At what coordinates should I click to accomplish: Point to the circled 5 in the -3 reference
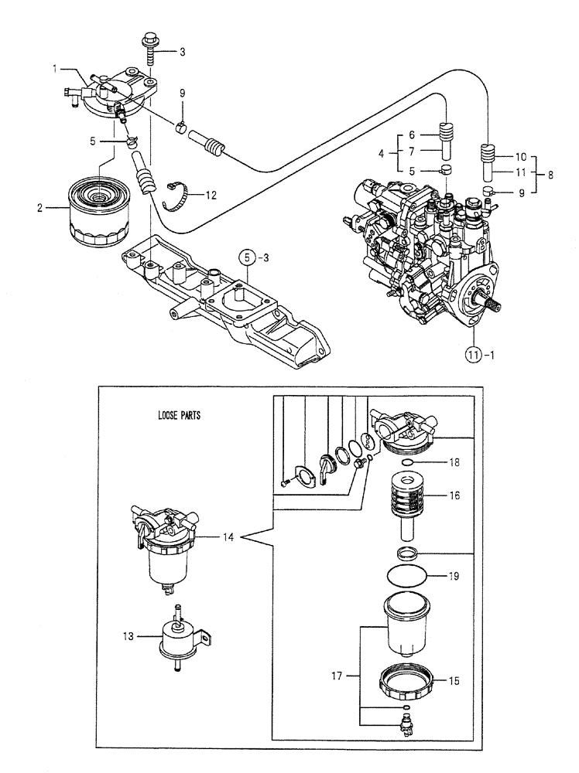[x=245, y=256]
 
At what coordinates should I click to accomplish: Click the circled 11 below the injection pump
[x=474, y=355]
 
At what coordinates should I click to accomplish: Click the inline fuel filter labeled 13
[x=179, y=635]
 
